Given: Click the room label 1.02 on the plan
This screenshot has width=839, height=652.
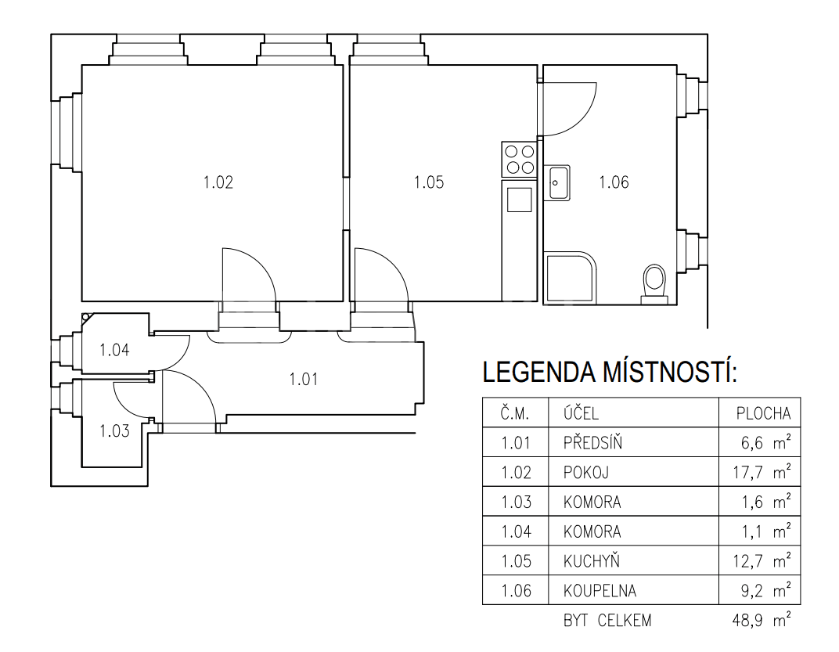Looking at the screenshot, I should coord(218,183).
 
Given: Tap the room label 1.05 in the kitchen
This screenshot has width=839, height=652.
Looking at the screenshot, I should coord(429,183).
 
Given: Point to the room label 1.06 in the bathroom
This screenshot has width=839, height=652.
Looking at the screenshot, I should coord(614,183).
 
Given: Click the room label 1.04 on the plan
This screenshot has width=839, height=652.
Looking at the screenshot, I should coord(114,350).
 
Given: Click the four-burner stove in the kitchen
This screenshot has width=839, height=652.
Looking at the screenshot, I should coord(519,159).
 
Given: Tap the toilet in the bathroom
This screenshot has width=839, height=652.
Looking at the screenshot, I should coord(653,283).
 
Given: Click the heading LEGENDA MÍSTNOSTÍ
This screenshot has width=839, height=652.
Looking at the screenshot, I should coord(610,373).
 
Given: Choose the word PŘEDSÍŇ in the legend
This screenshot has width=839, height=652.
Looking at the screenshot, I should coord(592,443).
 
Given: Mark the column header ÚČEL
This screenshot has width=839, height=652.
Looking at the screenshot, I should coord(580,413).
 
